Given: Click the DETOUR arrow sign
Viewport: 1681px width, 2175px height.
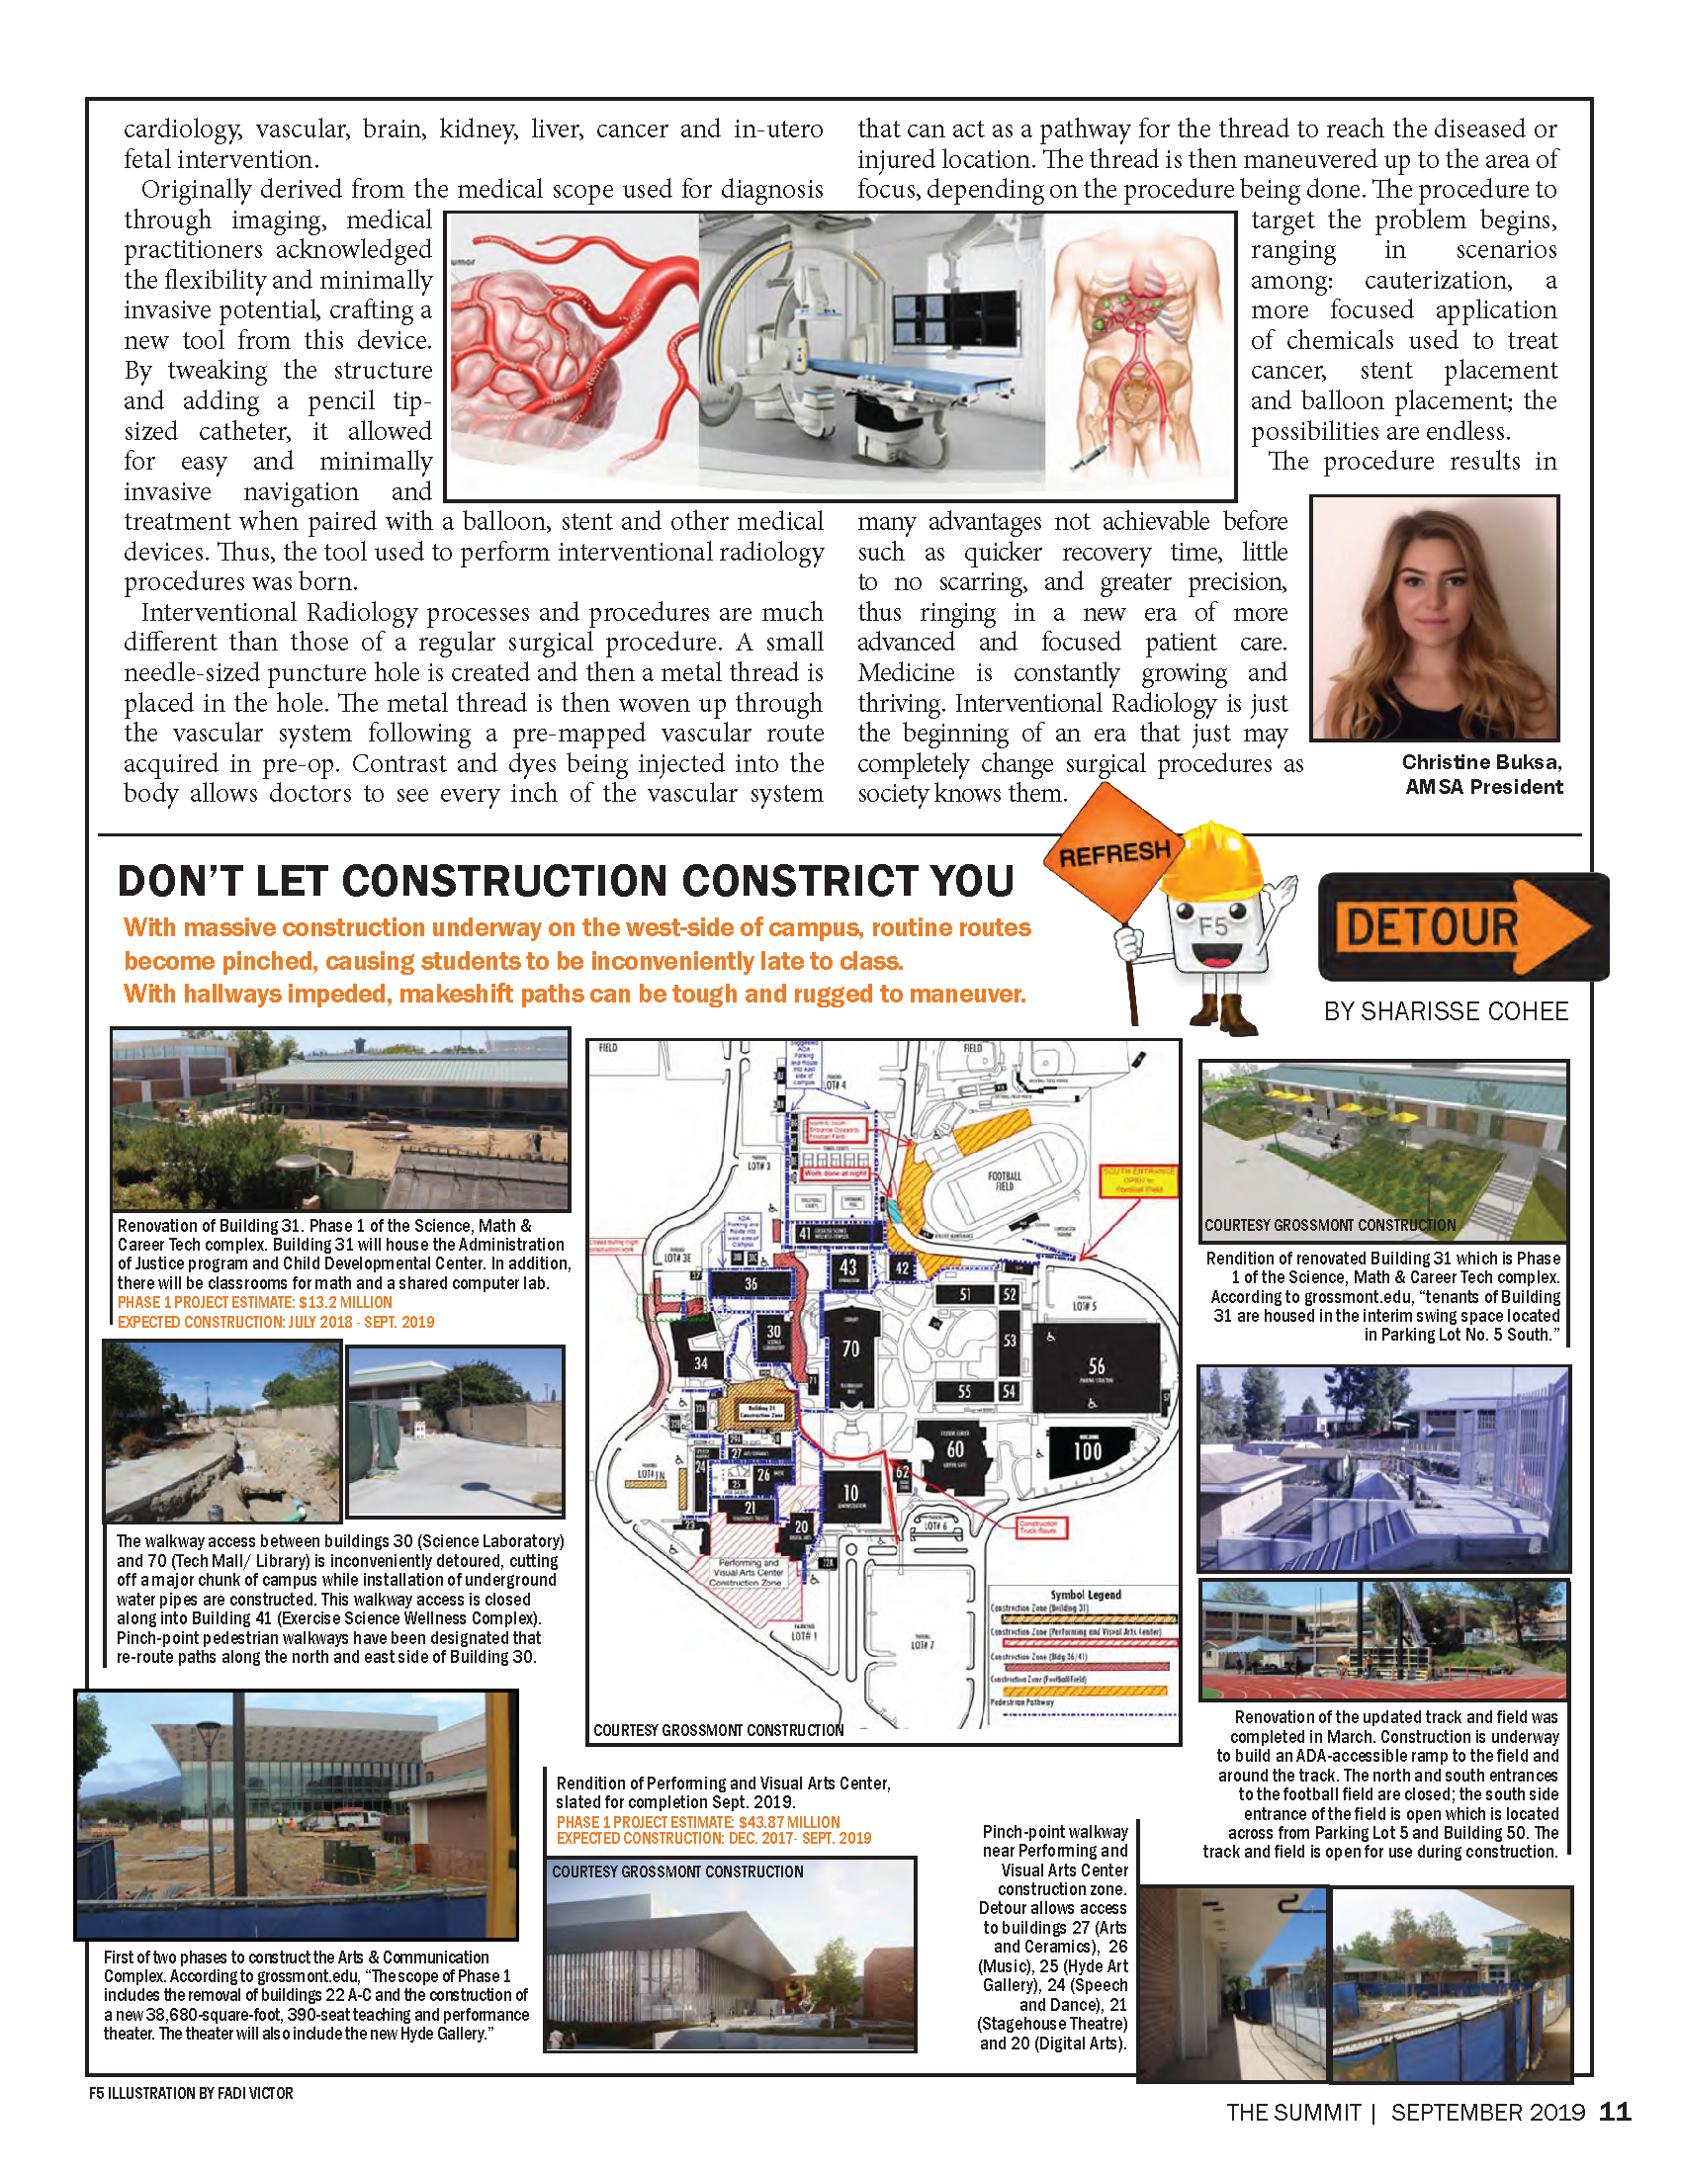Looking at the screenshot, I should tap(1461, 927).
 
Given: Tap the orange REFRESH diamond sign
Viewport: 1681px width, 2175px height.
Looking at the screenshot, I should tap(1113, 852).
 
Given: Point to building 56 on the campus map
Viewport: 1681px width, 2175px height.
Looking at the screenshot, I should tap(1096, 1368).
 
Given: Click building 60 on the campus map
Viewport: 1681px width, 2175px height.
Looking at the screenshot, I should tap(955, 1452).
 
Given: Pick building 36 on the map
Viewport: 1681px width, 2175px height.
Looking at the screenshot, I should tap(751, 1283).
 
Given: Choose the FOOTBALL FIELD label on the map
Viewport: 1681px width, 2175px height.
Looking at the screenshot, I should tap(1004, 1180).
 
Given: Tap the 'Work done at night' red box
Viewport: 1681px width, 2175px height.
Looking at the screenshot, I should tap(835, 1174).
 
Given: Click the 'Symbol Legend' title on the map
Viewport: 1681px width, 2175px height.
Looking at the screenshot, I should tap(1085, 1595).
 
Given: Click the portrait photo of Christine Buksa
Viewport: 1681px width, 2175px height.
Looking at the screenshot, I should tap(1434, 619).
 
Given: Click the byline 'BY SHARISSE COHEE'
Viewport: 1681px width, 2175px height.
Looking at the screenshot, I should tap(1445, 1011).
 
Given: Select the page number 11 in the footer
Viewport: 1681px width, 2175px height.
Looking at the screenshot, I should tap(1615, 2113).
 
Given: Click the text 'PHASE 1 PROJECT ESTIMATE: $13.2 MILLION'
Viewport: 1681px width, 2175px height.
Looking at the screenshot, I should tap(255, 1303).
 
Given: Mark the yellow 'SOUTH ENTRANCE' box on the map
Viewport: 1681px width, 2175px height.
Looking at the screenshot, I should tap(1137, 1180).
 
